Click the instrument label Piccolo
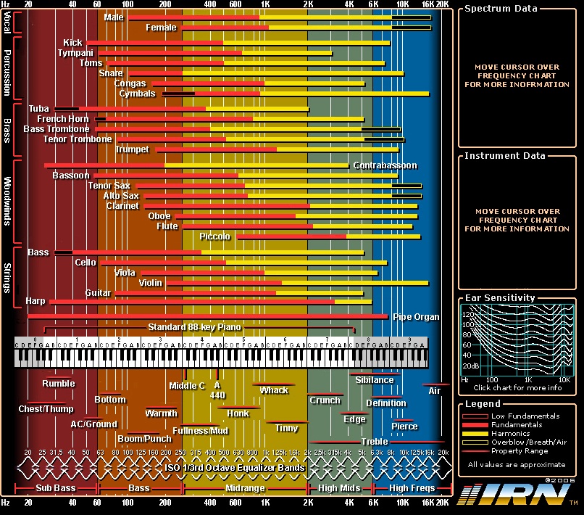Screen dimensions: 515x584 click(x=215, y=236)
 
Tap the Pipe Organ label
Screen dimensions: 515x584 click(x=416, y=317)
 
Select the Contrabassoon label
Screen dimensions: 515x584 click(x=385, y=165)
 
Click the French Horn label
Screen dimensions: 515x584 click(x=63, y=119)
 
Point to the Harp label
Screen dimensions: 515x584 click(x=35, y=300)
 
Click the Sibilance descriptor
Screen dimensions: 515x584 click(x=375, y=379)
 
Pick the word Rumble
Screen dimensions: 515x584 click(x=58, y=383)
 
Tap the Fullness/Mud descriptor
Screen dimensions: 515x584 click(x=205, y=430)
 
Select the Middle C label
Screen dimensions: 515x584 click(x=187, y=385)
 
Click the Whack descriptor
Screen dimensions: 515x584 click(x=274, y=390)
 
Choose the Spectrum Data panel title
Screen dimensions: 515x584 click(x=501, y=9)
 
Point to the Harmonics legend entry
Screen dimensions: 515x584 click(x=511, y=433)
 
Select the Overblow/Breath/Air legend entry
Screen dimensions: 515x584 click(x=528, y=442)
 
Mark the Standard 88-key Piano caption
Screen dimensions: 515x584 click(x=194, y=327)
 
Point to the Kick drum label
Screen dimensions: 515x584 click(x=72, y=43)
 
